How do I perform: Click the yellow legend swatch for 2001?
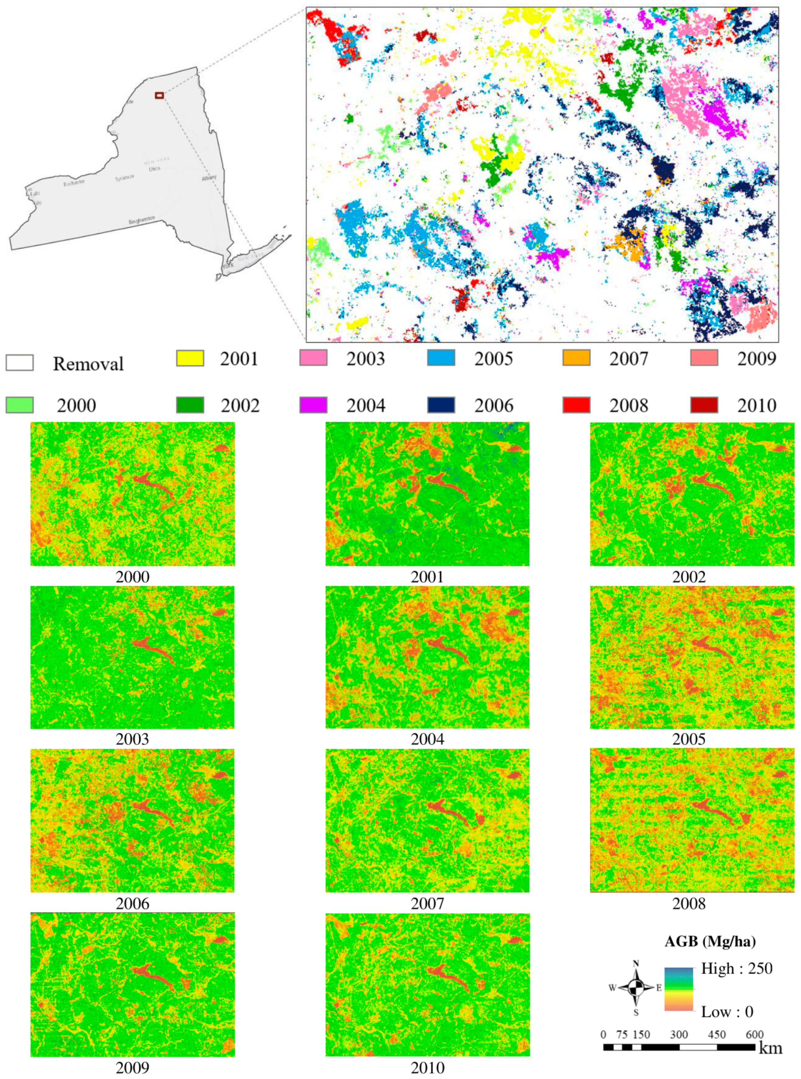pos(190,358)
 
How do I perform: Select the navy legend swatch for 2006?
pos(441,405)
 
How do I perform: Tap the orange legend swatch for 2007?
pos(576,358)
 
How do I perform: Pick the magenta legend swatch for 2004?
pos(313,405)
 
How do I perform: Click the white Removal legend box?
pos(20,363)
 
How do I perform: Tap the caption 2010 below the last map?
pos(427,1068)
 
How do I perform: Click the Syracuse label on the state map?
pos(124,178)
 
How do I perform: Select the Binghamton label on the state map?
pos(141,220)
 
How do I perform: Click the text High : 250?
pos(737,969)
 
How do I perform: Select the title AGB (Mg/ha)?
pos(710,941)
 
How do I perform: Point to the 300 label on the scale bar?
pos(678,1035)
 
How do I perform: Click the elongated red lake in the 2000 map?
pos(154,485)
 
